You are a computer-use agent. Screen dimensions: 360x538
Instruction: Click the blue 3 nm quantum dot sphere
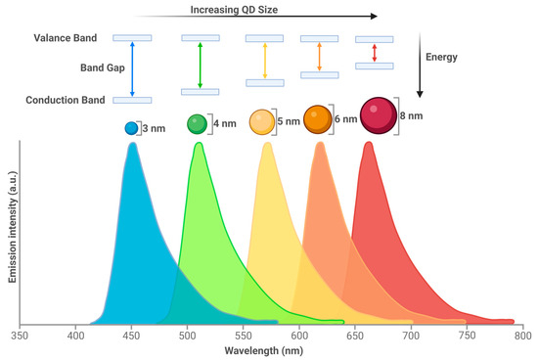coord(131,127)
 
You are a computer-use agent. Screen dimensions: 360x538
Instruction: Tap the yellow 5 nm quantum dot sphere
coord(261,122)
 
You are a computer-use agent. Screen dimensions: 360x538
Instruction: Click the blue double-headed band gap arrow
coord(132,68)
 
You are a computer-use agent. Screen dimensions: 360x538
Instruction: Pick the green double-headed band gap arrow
coord(200,65)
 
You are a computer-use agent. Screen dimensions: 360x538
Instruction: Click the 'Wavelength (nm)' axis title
coord(269,350)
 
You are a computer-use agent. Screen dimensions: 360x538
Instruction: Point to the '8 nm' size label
coord(415,115)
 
